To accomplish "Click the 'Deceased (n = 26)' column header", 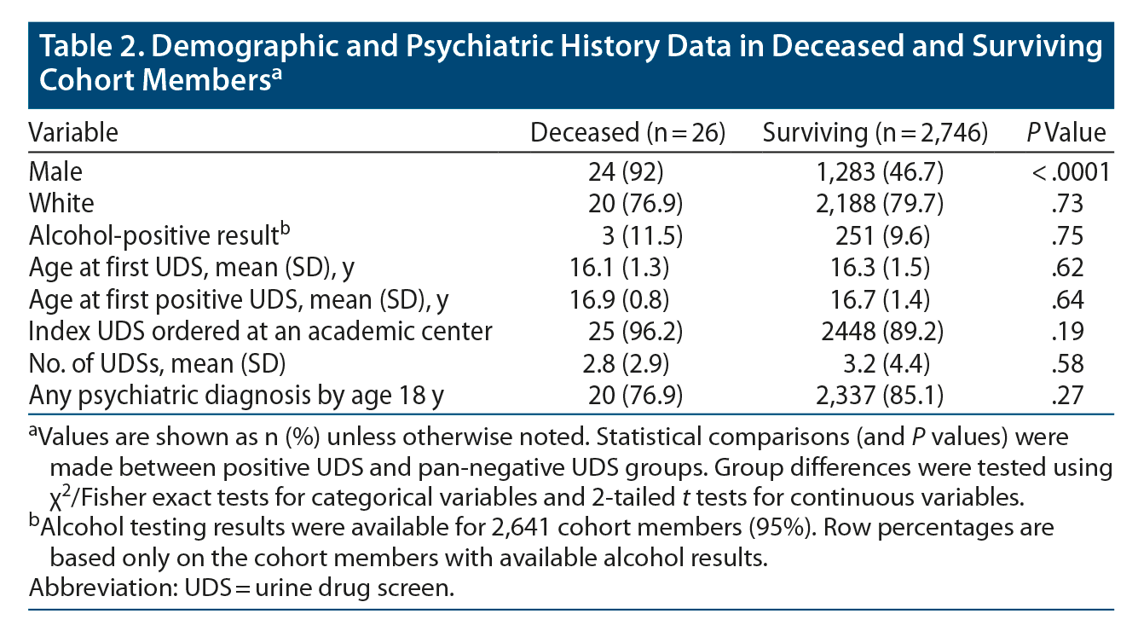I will tap(627, 133).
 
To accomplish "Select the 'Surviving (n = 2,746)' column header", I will tap(875, 133).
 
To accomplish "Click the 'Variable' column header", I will tap(73, 133).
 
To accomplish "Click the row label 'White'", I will tap(61, 203).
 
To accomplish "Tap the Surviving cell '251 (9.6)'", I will tap(887, 235).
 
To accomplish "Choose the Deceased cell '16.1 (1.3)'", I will tap(619, 268).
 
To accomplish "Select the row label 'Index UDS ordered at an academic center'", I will tap(260, 332).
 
